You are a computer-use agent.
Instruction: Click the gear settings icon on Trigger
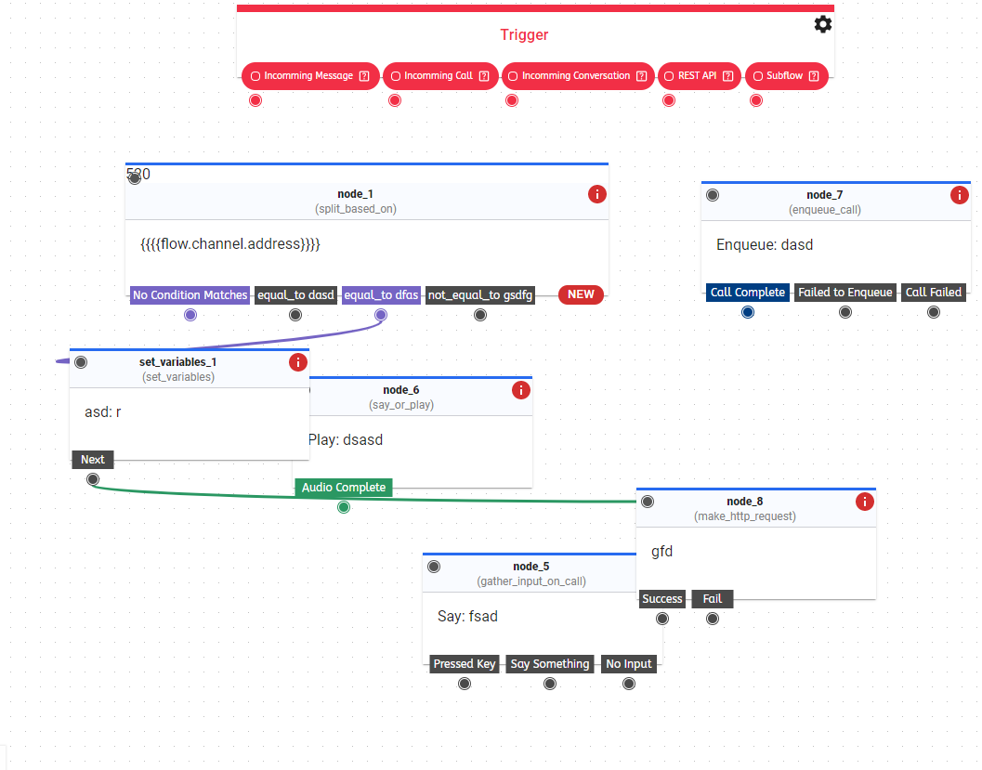click(x=822, y=24)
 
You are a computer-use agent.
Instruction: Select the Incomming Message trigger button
click(x=310, y=76)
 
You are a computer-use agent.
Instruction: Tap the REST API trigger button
click(x=699, y=76)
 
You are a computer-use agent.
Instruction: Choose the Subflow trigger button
click(x=786, y=76)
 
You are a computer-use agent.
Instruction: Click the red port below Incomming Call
click(x=395, y=100)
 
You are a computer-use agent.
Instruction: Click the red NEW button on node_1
click(x=581, y=294)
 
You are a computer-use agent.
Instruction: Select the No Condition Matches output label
click(x=190, y=295)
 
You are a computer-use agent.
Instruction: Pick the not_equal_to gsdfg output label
click(x=480, y=295)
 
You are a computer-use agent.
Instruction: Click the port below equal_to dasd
click(x=295, y=315)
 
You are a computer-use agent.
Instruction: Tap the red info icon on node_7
click(x=960, y=195)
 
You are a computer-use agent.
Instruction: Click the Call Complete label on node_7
click(x=747, y=293)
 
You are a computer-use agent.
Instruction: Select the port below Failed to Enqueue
click(x=845, y=312)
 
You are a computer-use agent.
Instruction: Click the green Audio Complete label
click(x=344, y=488)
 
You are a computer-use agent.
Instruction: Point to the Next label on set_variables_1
click(x=93, y=460)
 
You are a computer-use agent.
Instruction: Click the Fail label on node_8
click(x=713, y=599)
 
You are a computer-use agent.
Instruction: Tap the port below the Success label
click(x=662, y=619)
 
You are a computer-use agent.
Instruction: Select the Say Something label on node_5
click(x=549, y=664)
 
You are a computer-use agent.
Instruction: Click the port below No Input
click(x=629, y=684)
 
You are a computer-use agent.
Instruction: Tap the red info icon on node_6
click(x=521, y=390)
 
